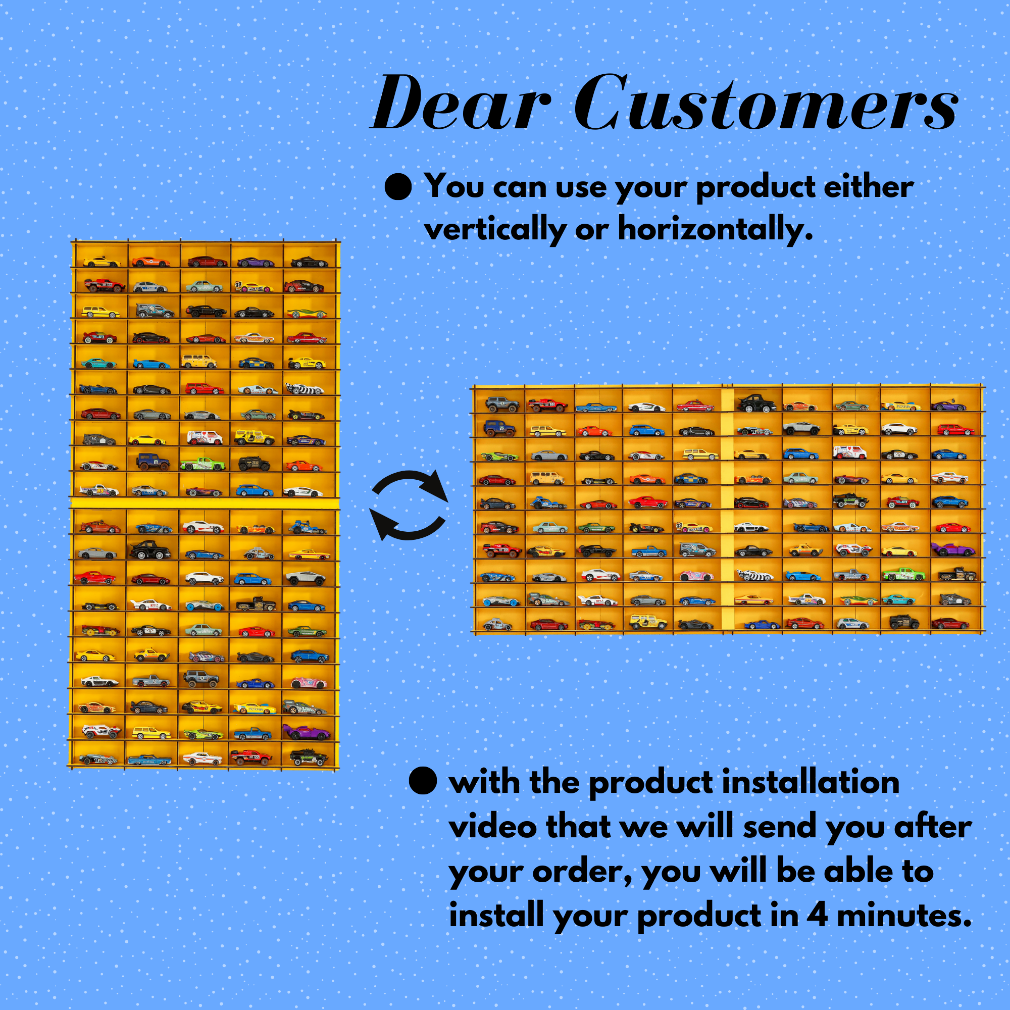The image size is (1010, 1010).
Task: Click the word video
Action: pyautogui.click(x=492, y=827)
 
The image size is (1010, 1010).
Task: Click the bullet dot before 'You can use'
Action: pyautogui.click(x=398, y=187)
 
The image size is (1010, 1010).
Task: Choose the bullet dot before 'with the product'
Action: pyautogui.click(x=423, y=781)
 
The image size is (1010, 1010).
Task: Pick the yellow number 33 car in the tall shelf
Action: pyautogui.click(x=253, y=287)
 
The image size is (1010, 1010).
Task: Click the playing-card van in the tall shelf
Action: pyautogui.click(x=205, y=437)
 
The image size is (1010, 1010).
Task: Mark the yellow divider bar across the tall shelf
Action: pyautogui.click(x=206, y=503)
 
